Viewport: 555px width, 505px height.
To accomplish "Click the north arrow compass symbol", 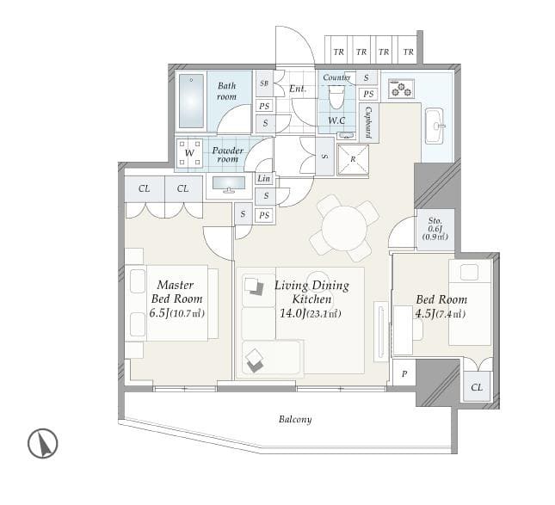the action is click(43, 443).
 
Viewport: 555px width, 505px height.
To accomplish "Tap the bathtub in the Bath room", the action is click(191, 102).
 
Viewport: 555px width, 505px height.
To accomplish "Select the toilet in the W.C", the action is click(336, 97).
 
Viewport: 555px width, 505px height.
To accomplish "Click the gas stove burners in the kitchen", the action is click(401, 89).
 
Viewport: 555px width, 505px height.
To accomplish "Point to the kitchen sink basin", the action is click(435, 126).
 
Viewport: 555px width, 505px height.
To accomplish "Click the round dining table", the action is click(344, 228).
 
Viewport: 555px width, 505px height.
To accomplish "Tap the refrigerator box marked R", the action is click(353, 160).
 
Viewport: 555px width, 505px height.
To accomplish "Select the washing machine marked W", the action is click(189, 153).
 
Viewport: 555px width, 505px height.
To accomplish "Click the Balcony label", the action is click(295, 419).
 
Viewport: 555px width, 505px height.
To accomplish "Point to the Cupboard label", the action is click(368, 122).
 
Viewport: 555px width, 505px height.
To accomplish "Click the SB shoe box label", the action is click(264, 83).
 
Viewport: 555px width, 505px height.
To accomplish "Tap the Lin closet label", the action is click(263, 178).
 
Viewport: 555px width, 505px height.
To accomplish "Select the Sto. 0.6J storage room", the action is click(435, 230).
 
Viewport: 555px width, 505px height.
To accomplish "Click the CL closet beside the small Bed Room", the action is click(477, 386).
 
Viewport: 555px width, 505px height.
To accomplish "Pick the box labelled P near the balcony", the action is click(404, 373).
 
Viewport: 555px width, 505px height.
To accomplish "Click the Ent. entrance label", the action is click(298, 89).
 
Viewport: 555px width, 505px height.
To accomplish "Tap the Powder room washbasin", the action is click(229, 184).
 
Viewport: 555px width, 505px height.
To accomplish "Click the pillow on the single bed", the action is click(470, 273).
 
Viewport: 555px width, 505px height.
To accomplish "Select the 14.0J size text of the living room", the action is click(293, 313).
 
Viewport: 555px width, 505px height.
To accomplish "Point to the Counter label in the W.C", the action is click(336, 77).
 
